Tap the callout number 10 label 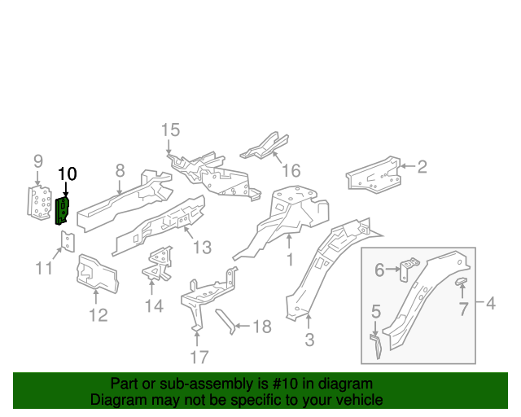67,173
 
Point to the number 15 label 169,130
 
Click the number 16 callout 291,170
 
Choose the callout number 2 422,167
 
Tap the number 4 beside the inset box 490,304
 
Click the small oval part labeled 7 461,282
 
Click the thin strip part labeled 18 225,321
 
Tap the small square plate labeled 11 68,242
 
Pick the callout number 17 199,357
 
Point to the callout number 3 309,340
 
